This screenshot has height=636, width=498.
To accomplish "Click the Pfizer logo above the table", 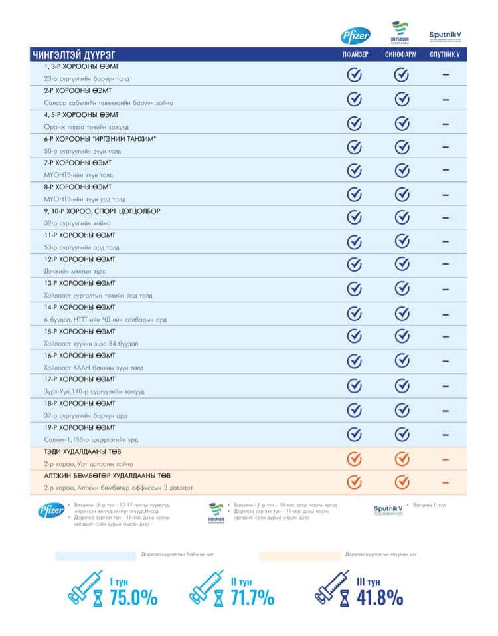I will coord(355,36).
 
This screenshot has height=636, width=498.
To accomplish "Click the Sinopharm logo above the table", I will coord(400,33).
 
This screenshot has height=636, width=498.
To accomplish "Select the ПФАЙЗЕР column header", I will coord(355,54).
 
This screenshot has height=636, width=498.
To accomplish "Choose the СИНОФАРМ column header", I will coord(400,54).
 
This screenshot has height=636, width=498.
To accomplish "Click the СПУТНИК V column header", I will coord(445,54).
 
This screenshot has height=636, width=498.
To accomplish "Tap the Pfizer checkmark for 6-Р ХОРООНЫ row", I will coord(355,146).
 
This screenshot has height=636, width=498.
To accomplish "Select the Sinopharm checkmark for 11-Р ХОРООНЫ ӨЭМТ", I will coord(401,242).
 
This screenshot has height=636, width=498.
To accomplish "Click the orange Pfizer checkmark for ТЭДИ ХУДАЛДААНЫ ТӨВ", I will coord(355,458).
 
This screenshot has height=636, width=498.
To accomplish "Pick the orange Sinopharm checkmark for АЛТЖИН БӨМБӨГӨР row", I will coord(401,482).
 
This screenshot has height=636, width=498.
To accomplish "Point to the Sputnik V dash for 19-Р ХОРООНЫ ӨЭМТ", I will coord(445,435).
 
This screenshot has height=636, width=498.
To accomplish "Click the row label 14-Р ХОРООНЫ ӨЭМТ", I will coord(79,308).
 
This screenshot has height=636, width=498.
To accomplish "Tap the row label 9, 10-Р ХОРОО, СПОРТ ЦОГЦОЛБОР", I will coord(102,211).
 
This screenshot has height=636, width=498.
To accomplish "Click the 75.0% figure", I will coord(133,598).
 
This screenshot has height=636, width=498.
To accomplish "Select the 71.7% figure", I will coord(252,598).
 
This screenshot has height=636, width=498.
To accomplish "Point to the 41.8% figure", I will coord(379,598).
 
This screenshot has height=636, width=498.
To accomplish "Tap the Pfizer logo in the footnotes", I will coord(51,510).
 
